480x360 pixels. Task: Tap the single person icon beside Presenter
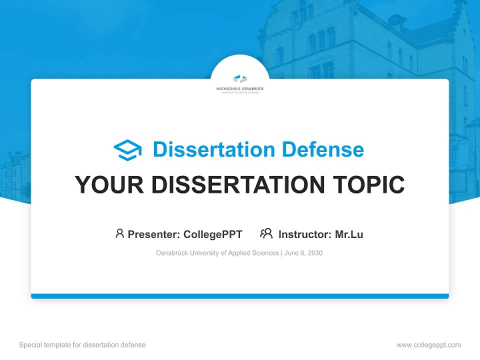click(119, 233)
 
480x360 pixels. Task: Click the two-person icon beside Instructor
click(266, 233)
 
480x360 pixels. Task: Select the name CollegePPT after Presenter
click(213, 234)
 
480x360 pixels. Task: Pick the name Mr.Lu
click(349, 234)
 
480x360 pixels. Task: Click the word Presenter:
click(154, 234)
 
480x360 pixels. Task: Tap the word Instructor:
click(305, 234)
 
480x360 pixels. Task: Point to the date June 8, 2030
click(303, 253)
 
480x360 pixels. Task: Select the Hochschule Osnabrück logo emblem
click(240, 78)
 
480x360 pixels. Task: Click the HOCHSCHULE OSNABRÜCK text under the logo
click(240, 88)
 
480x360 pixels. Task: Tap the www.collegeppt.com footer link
click(428, 345)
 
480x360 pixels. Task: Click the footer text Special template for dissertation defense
click(82, 345)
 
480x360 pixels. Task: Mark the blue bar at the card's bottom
click(240, 296)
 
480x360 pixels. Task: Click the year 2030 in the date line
click(314, 253)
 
